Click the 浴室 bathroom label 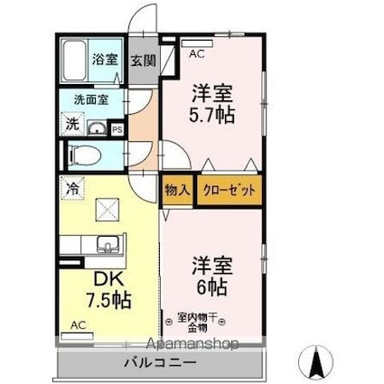(x=105, y=59)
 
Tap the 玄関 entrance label (x=144, y=61)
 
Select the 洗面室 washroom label (x=91, y=99)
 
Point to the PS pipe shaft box (x=117, y=130)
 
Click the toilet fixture (x=85, y=155)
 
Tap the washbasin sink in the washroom (x=97, y=128)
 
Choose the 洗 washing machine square (x=72, y=124)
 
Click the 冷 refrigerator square (x=72, y=189)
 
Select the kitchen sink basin (x=108, y=244)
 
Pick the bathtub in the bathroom (x=74, y=61)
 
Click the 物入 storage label (x=177, y=190)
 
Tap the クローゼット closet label (x=229, y=191)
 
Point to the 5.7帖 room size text (x=212, y=115)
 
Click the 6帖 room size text (x=212, y=286)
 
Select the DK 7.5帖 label (x=108, y=290)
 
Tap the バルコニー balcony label (x=160, y=362)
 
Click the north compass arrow (x=315, y=361)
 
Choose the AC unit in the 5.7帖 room (x=198, y=43)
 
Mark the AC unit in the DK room (x=77, y=336)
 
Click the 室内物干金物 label (x=197, y=323)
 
